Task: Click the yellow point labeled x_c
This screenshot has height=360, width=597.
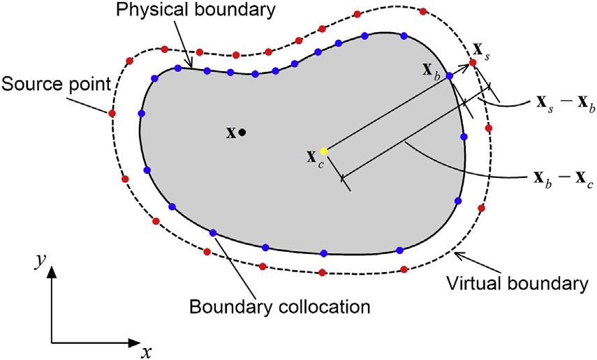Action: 323,151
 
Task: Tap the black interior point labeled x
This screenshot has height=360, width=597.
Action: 242,132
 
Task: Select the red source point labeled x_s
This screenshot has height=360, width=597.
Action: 473,63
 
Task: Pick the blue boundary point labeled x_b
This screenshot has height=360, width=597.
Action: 450,76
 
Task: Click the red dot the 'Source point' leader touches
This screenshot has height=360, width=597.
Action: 112,112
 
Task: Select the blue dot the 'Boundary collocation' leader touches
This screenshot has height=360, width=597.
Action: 213,233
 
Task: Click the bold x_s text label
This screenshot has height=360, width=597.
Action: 481,51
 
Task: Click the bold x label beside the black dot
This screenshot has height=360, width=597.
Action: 231,132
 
